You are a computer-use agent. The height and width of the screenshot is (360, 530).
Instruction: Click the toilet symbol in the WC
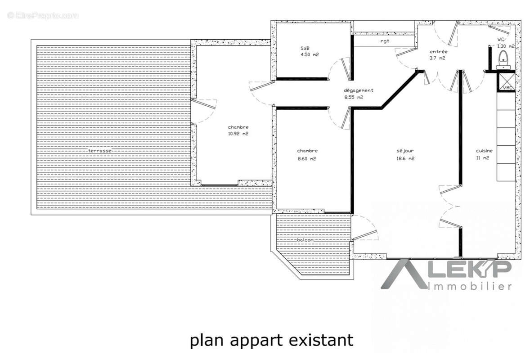(x=503, y=58)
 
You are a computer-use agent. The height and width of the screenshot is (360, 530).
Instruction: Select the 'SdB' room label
(x=305, y=48)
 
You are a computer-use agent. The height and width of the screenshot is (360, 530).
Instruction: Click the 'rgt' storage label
(x=384, y=41)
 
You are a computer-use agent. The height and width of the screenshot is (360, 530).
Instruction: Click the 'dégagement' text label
(x=359, y=90)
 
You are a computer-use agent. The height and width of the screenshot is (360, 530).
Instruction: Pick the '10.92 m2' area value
(x=238, y=134)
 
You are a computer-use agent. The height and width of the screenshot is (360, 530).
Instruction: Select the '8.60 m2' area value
(x=307, y=158)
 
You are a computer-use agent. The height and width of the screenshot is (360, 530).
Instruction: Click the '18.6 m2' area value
(x=405, y=158)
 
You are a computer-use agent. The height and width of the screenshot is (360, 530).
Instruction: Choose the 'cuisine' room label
(x=485, y=151)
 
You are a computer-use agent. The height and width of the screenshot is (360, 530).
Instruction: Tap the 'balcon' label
(x=305, y=240)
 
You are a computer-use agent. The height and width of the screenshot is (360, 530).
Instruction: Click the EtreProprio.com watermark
(x=43, y=15)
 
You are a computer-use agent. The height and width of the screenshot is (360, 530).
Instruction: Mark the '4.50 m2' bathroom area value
(x=310, y=55)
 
